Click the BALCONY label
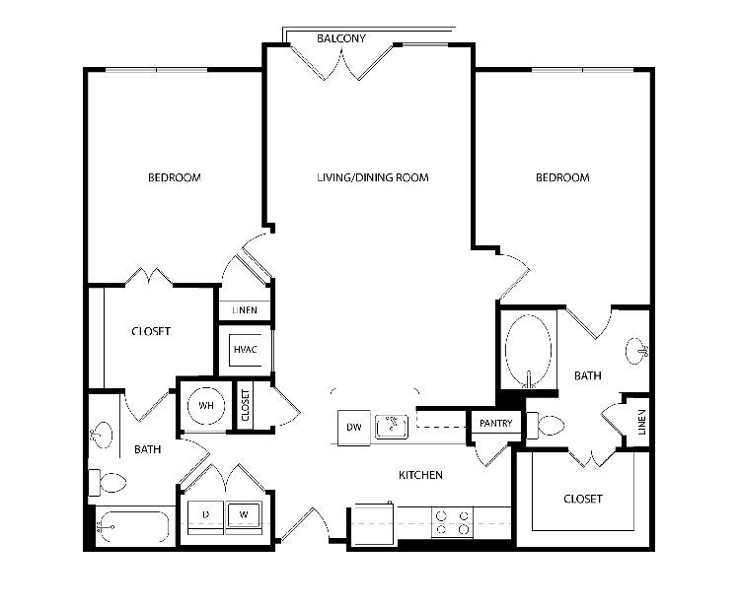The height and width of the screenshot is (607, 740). (341, 38)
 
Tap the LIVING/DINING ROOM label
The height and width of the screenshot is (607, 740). (373, 177)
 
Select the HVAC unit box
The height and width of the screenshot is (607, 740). (246, 350)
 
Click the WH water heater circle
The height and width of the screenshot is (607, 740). (206, 405)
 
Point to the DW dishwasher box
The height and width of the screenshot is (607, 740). (354, 427)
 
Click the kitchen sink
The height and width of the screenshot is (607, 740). (392, 426)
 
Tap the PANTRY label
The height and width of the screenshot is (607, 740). (495, 423)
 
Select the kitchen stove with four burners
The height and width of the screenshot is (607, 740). (452, 522)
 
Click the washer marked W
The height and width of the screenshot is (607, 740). (244, 515)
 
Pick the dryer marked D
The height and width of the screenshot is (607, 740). (206, 515)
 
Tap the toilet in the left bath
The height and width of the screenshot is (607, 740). (108, 483)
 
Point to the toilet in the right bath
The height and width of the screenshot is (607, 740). (546, 425)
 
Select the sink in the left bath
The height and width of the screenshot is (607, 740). (102, 435)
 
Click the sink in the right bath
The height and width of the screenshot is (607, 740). (637, 351)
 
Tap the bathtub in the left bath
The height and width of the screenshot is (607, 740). (132, 527)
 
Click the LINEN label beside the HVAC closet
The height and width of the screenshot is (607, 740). (245, 309)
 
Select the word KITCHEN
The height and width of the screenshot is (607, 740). (420, 475)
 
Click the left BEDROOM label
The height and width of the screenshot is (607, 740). (174, 177)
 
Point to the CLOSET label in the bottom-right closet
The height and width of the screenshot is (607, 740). (583, 499)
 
